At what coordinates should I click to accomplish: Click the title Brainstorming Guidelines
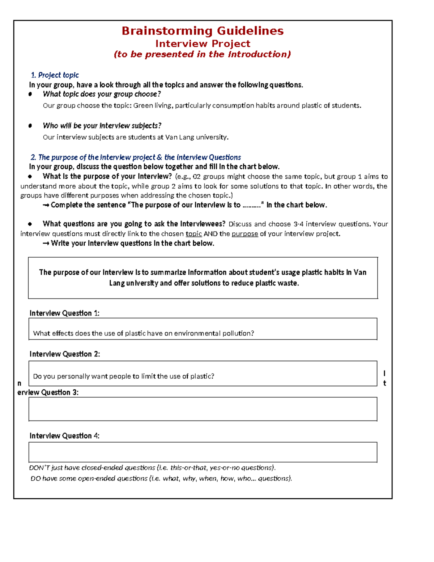point(203,31)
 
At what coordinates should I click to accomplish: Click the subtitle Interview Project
point(203,44)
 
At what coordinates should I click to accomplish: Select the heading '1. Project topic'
point(55,75)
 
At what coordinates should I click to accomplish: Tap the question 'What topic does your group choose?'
point(102,94)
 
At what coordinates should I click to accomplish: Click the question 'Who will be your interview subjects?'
point(102,126)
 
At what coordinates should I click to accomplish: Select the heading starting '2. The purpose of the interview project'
point(136,157)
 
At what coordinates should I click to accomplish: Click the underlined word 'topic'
point(193,234)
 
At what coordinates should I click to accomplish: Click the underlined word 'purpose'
point(244,234)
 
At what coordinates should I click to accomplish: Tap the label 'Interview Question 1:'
point(64,313)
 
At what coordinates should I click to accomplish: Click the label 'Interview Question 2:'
point(64,354)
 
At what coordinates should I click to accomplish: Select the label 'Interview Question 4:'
point(64,436)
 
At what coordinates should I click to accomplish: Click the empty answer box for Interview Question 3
point(203,409)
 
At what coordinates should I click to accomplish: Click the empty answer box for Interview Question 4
point(203,452)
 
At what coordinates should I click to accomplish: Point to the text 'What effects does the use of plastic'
point(90,333)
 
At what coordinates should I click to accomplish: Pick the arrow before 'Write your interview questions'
point(46,244)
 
